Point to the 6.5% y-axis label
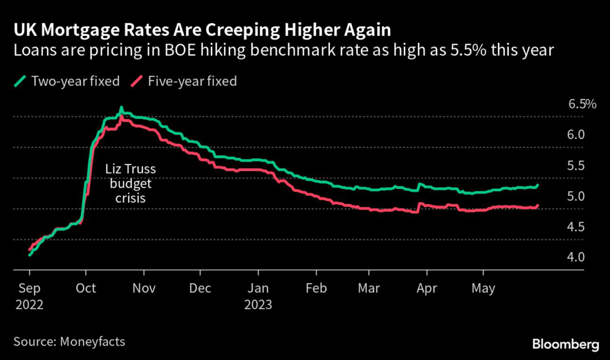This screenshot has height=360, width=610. [582, 104]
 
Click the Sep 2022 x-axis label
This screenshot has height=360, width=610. [29, 296]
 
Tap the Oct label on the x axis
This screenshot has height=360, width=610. [86, 289]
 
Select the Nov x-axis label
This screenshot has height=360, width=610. [144, 289]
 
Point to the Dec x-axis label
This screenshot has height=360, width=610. [201, 289]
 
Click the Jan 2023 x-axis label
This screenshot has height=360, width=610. [258, 296]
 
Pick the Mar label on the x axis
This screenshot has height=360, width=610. [370, 289]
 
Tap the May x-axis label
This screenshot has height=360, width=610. [483, 289]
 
